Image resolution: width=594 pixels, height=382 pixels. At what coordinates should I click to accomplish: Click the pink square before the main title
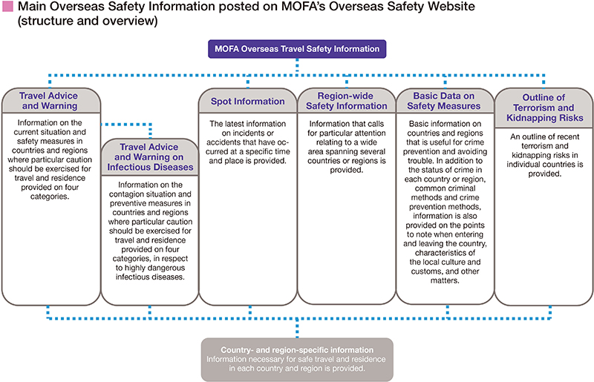[7, 7]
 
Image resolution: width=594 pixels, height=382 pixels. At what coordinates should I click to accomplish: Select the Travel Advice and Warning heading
[49, 101]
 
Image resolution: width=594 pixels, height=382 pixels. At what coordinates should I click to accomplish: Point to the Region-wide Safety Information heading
[345, 101]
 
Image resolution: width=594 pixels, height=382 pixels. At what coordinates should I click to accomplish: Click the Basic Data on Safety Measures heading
[444, 101]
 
